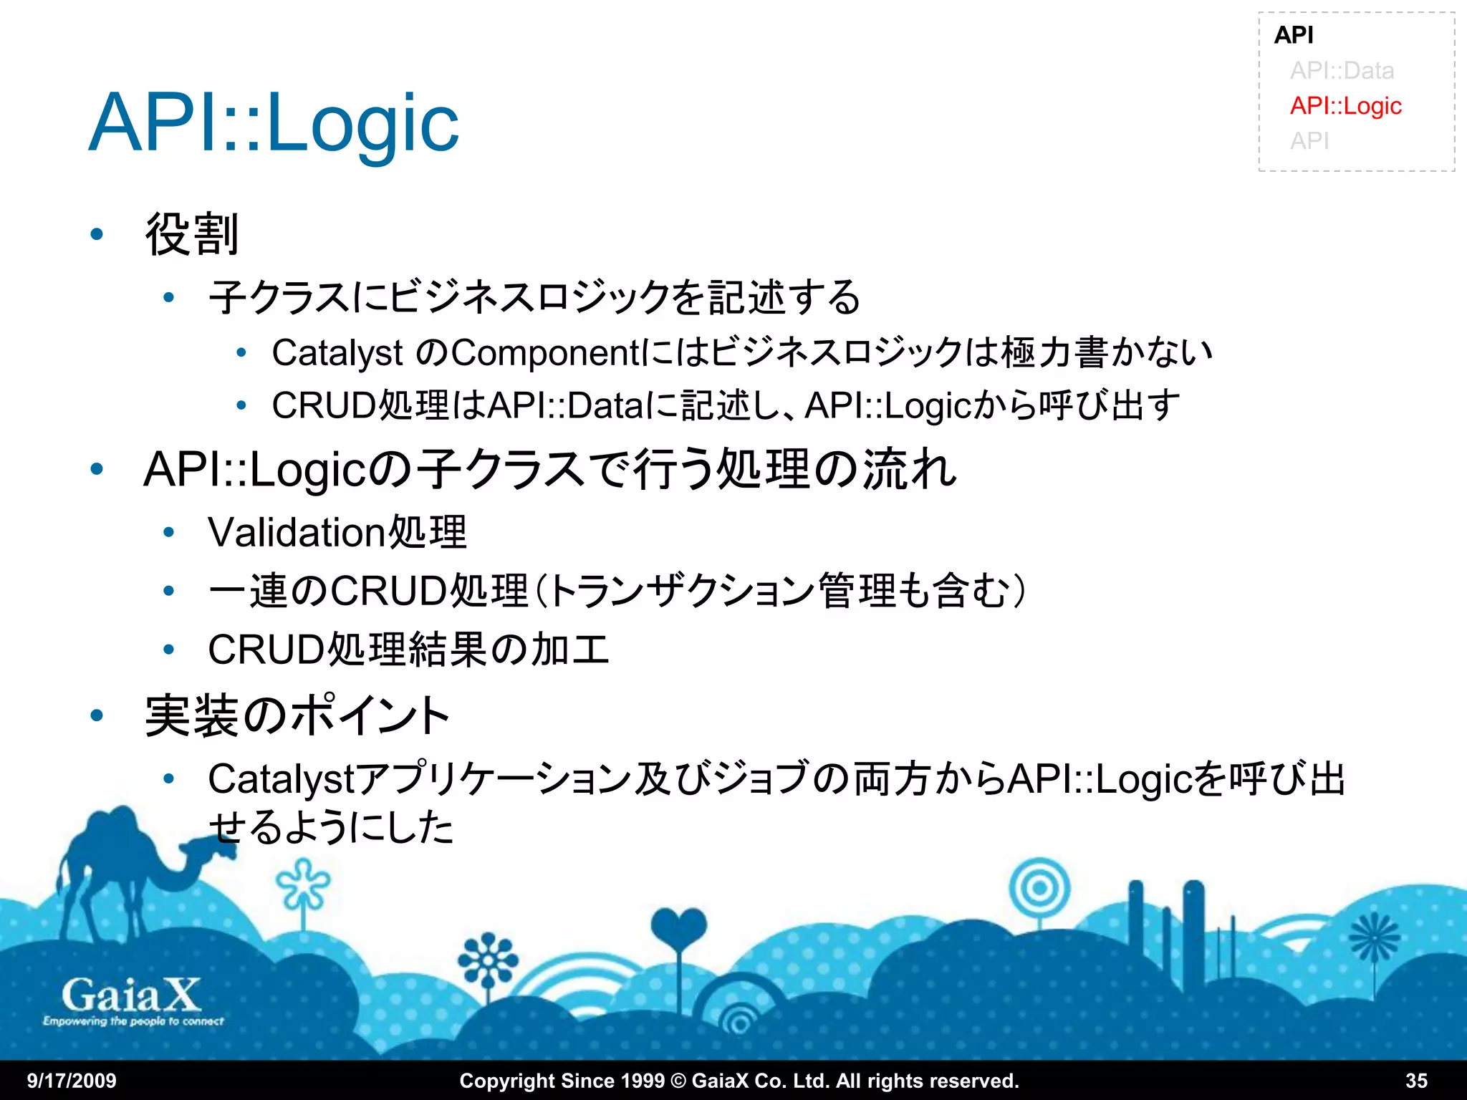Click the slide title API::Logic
point(274,123)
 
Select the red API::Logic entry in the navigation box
point(1345,106)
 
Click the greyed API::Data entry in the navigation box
point(1342,71)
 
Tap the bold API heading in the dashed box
point(1294,35)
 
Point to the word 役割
point(191,234)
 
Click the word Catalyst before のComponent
point(337,353)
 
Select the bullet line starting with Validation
point(337,533)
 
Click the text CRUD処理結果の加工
point(408,650)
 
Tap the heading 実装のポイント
point(297,715)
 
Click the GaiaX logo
point(131,995)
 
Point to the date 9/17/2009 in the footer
point(72,1081)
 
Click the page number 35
point(1416,1081)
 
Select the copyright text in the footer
point(739,1081)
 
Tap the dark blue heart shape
point(678,927)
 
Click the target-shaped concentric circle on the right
point(1039,889)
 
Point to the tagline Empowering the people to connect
point(133,1021)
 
